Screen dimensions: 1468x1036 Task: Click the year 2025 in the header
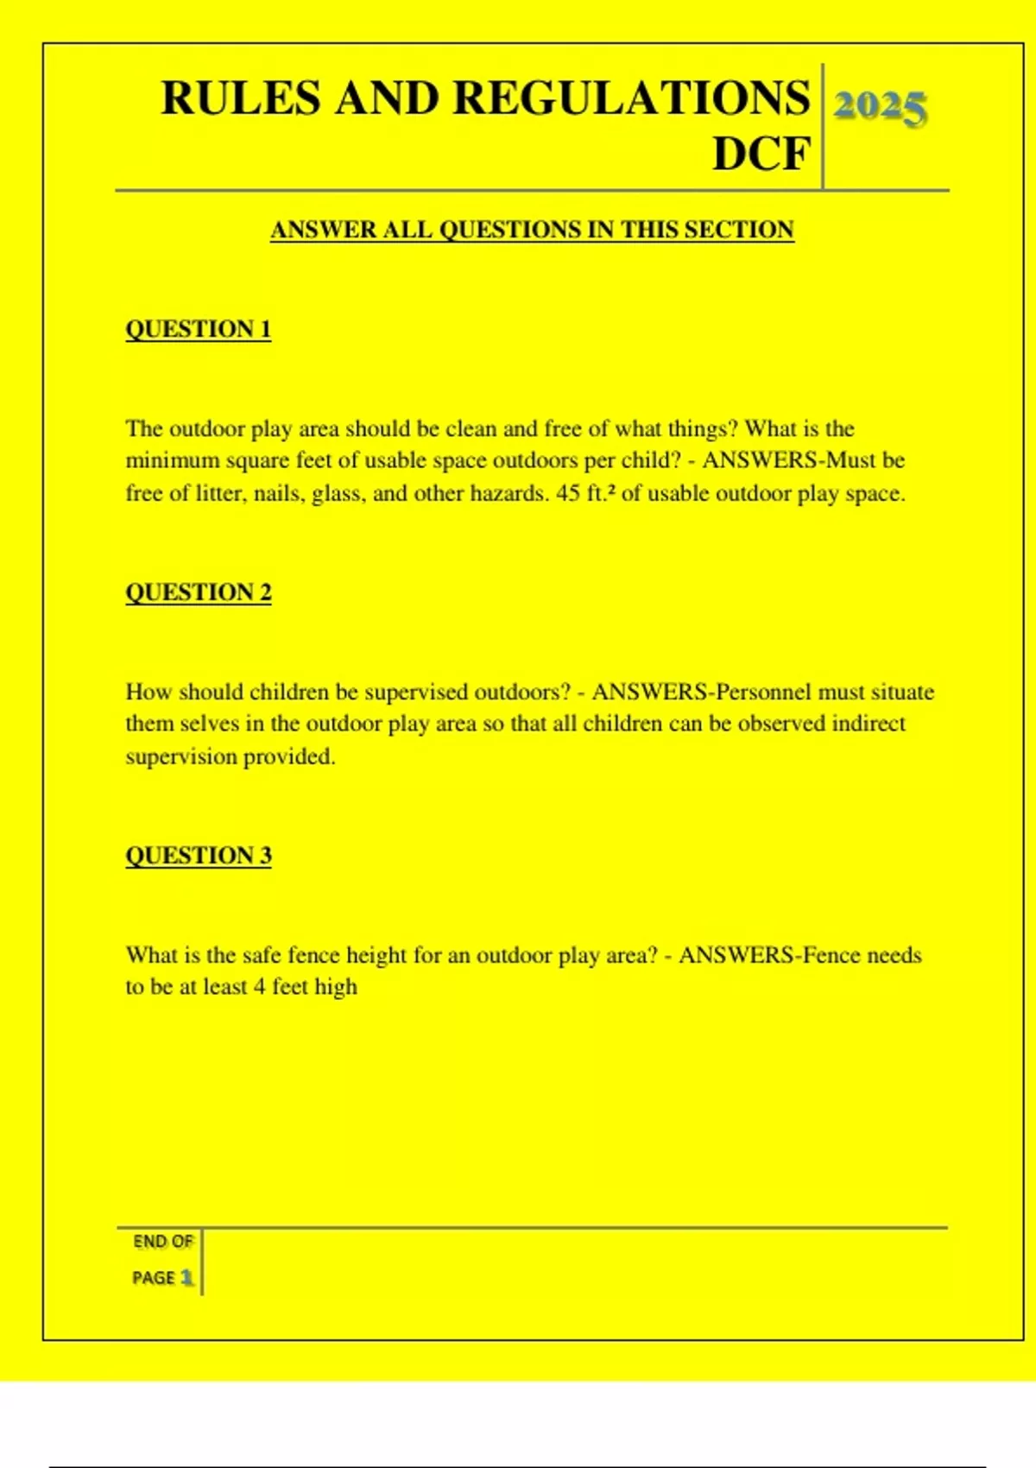880,107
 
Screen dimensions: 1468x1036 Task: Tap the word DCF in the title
761,155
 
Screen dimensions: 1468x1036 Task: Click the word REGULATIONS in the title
631,98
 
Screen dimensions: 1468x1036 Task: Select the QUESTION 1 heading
199,329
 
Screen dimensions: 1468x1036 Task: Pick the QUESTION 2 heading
199,592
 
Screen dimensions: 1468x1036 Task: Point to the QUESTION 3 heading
199,856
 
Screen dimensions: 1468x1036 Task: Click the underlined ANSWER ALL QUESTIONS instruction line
532,230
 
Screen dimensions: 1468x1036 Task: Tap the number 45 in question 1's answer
568,494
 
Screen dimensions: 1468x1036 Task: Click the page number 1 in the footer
186,1277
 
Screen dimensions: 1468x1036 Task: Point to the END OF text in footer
162,1242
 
